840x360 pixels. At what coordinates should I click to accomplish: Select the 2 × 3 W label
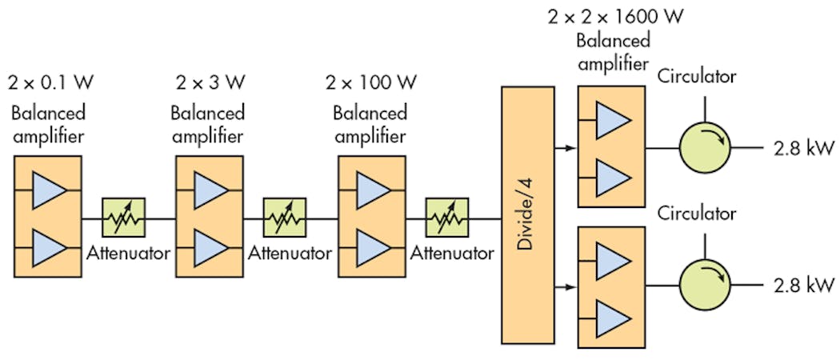click(209, 82)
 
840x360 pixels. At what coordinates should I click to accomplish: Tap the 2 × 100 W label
click(371, 82)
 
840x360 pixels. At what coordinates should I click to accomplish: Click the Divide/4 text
click(526, 216)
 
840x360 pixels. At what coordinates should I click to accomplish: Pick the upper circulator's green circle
click(703, 147)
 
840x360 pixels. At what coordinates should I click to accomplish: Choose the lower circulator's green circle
click(703, 286)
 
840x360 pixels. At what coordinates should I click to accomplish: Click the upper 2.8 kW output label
click(803, 147)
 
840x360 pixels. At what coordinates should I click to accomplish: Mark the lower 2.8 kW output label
click(803, 286)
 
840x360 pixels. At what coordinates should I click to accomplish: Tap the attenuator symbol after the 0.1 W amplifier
click(123, 217)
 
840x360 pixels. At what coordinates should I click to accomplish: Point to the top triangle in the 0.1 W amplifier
click(50, 190)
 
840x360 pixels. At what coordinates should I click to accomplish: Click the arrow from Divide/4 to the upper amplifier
click(564, 148)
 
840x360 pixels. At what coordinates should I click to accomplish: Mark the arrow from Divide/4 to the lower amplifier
click(564, 285)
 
